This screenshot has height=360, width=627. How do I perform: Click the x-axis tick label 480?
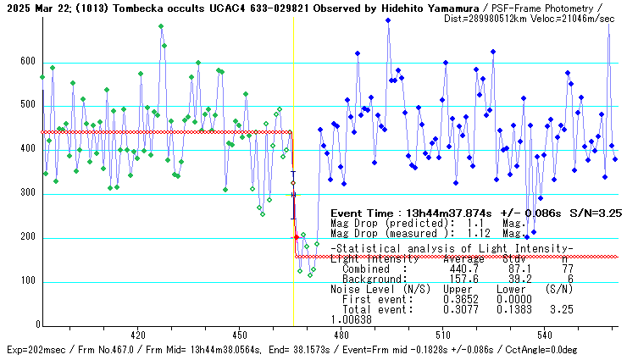point(341,334)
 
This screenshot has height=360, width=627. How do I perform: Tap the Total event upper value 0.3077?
point(462,310)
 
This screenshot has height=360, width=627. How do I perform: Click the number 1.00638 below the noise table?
point(351,320)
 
